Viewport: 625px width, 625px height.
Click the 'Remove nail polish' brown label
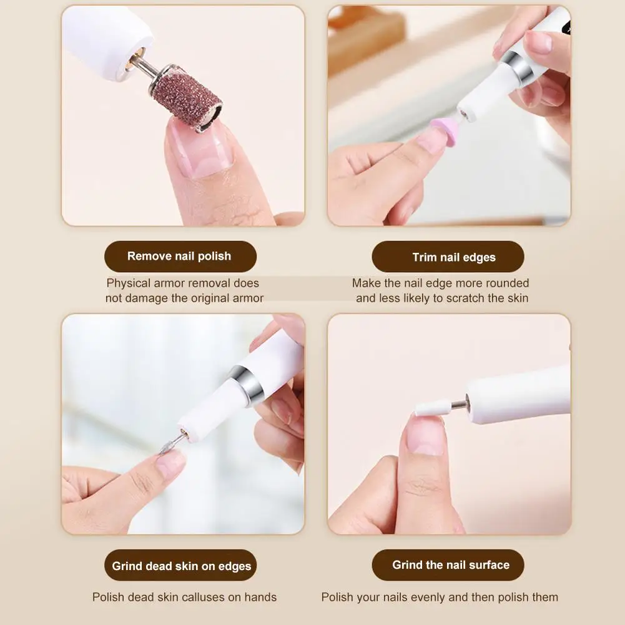(x=179, y=256)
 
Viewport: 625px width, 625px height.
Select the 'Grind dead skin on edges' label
(x=181, y=566)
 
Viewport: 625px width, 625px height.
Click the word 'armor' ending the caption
(x=247, y=298)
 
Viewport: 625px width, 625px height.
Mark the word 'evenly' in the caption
(x=436, y=598)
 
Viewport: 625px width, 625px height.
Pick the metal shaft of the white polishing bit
(x=460, y=405)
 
